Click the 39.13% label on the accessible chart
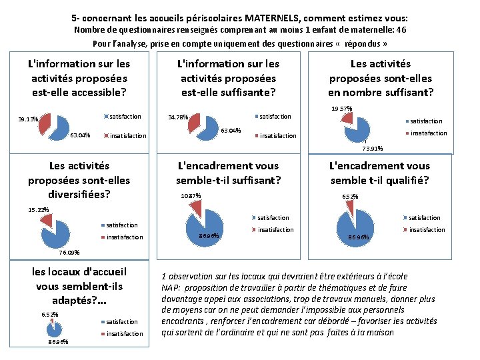28,120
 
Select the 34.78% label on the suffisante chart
178,117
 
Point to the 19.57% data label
341,109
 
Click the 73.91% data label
372,149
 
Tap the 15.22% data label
39,210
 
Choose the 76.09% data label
69,253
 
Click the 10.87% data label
191,196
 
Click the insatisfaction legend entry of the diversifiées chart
124,237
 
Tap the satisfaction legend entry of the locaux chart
122,322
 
